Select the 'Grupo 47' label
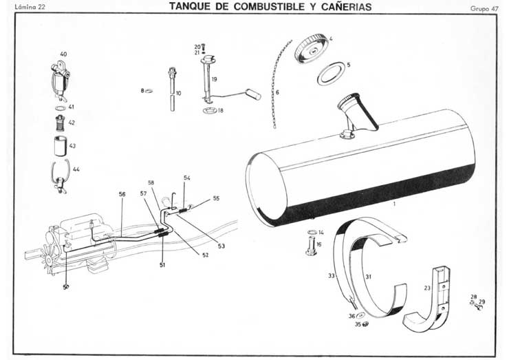[x=484, y=8]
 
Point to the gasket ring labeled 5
[x=331, y=74]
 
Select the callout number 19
[x=215, y=80]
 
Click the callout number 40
[x=63, y=54]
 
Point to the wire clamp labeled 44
[x=61, y=173]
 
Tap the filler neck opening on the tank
[x=347, y=103]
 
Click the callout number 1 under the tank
[x=394, y=204]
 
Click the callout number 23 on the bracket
[x=427, y=289]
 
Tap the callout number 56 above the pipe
[x=122, y=195]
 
